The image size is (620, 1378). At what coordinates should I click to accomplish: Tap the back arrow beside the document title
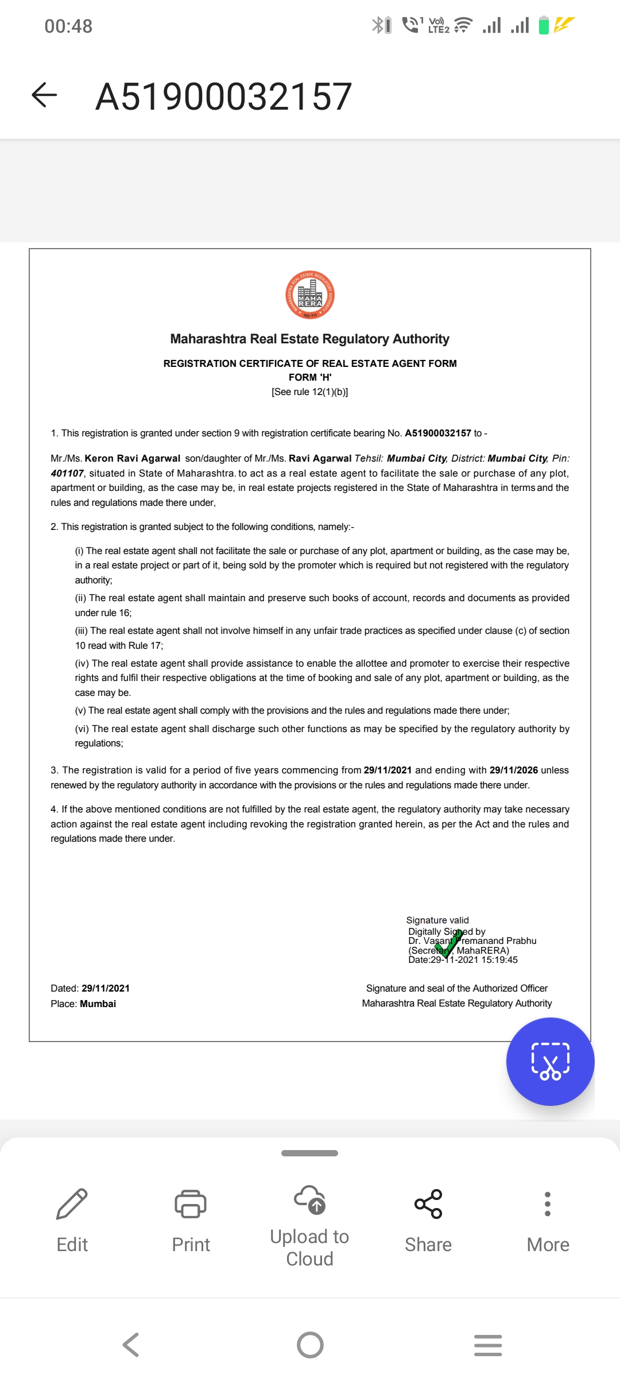[x=44, y=95]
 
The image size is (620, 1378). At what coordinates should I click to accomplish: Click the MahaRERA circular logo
[x=310, y=295]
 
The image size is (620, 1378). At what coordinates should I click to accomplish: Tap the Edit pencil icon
[x=72, y=1203]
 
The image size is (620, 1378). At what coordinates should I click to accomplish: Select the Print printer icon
[x=191, y=1203]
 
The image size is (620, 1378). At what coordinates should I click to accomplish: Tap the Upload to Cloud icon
[x=310, y=1200]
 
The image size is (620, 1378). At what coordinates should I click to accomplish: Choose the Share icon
[x=428, y=1203]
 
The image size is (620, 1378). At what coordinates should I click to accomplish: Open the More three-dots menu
[x=548, y=1203]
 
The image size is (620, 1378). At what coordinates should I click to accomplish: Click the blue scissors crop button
[x=550, y=1061]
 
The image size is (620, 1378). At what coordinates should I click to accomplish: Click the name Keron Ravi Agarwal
[x=133, y=458]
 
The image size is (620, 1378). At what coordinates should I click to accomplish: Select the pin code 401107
[x=67, y=473]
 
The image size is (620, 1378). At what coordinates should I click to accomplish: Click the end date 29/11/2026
[x=514, y=770]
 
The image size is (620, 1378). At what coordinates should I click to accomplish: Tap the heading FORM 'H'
[x=310, y=377]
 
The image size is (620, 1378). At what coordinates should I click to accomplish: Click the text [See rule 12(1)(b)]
[x=310, y=392]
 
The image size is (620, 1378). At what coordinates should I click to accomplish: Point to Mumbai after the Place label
[x=98, y=1004]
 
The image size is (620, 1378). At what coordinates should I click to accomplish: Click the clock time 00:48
[x=68, y=26]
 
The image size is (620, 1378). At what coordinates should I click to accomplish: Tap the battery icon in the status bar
[x=544, y=25]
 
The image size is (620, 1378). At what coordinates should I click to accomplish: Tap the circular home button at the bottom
[x=310, y=1345]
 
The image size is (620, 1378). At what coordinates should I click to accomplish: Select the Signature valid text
[x=437, y=920]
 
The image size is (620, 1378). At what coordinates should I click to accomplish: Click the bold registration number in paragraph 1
[x=438, y=433]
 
